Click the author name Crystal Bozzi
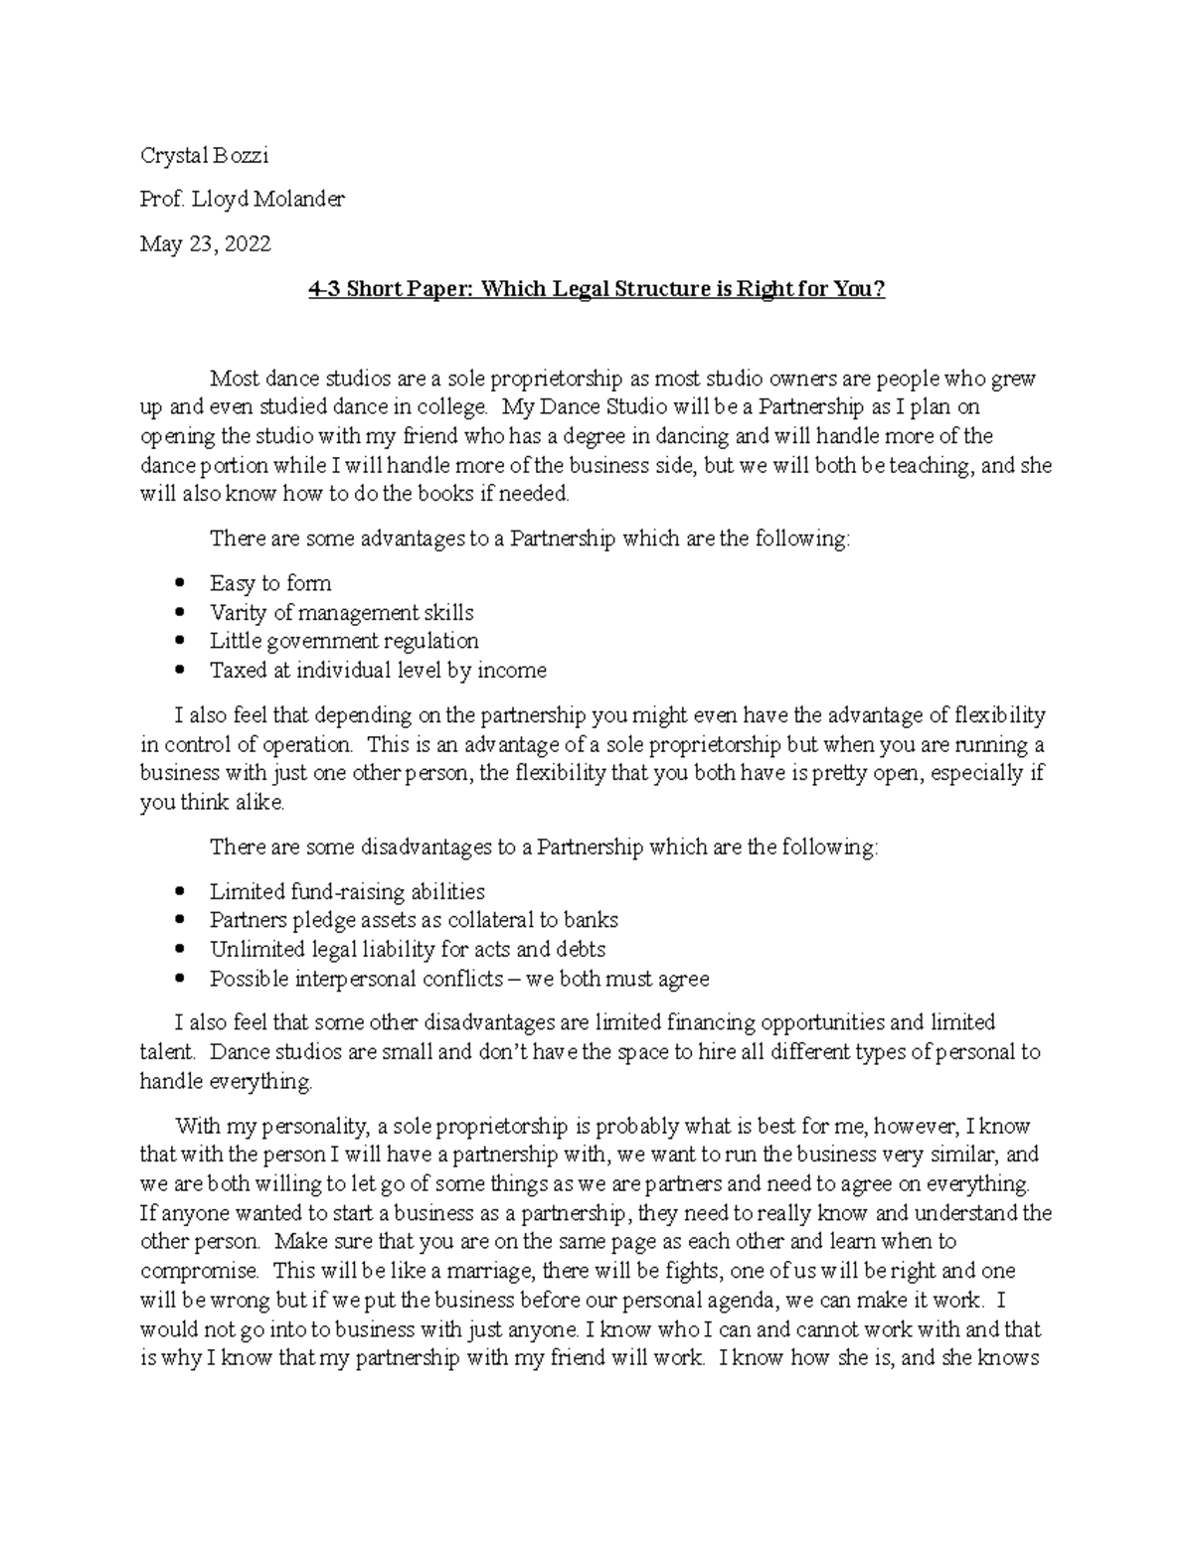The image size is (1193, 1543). click(204, 156)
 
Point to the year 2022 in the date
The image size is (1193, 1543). click(247, 243)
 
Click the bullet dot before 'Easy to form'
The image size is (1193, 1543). click(179, 583)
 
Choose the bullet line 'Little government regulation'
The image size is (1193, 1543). click(344, 641)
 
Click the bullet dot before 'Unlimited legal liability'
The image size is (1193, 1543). click(179, 950)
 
